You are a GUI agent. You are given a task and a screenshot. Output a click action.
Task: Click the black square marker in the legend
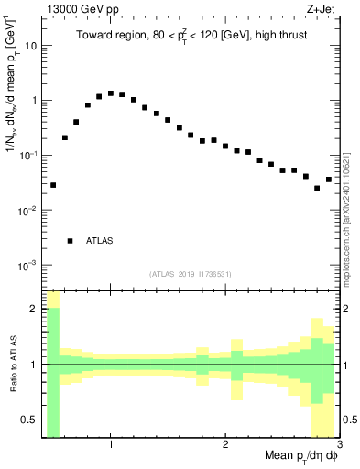click(70, 241)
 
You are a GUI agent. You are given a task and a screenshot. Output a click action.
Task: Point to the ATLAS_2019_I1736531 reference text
click(191, 274)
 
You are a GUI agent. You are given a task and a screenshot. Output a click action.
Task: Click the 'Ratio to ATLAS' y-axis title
click(12, 365)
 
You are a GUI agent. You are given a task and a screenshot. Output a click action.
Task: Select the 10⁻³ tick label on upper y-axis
click(27, 266)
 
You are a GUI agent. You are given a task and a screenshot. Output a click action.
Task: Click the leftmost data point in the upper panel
click(53, 185)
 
